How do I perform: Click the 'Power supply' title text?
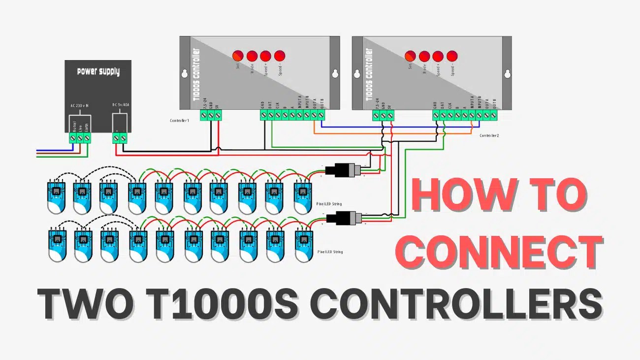pyautogui.click(x=98, y=72)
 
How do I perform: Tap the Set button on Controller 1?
pyautogui.click(x=238, y=56)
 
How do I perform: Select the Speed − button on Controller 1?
pyautogui.click(x=280, y=56)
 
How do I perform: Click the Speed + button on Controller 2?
pyautogui.click(x=438, y=56)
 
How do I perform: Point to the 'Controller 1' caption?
pyautogui.click(x=179, y=120)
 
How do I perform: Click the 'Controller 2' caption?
pyautogui.click(x=489, y=135)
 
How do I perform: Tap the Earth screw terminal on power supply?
pyautogui.click(x=87, y=139)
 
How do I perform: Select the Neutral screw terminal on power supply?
pyautogui.click(x=73, y=139)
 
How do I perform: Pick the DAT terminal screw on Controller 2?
pyautogui.click(x=443, y=115)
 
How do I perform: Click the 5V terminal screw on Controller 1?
pyautogui.click(x=218, y=115)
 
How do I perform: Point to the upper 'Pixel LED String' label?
pyautogui.click(x=329, y=203)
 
